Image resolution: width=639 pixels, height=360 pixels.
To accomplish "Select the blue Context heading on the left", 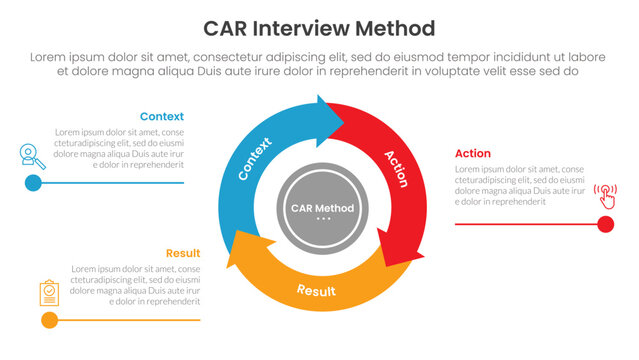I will coord(161,116).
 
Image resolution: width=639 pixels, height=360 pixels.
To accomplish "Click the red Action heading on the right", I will coord(473,153).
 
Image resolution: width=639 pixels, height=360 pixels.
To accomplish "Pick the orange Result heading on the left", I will coord(182,253).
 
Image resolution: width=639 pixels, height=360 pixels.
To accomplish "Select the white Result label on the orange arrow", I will coord(316,291).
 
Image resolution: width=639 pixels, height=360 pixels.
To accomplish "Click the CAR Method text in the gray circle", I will coord(320,207).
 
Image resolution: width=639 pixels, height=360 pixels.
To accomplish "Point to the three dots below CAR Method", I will coord(320,218).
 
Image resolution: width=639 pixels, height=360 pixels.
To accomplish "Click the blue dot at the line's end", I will coord(33,183).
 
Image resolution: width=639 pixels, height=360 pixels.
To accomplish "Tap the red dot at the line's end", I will coord(605,224).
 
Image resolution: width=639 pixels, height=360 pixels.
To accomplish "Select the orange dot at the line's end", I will coord(49,320).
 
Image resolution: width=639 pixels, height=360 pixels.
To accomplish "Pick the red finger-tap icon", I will coord(605,193).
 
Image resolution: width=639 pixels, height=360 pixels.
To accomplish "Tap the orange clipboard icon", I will coord(49,292).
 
